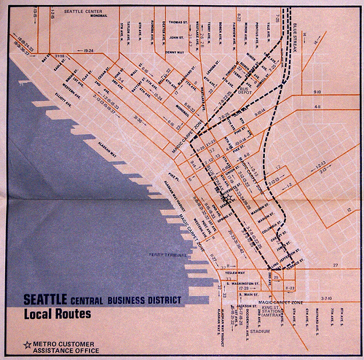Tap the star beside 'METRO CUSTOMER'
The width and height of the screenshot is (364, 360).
[x=28, y=344]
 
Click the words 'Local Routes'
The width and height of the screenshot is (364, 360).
[x=58, y=315]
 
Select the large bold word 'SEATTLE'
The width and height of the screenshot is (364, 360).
[x=46, y=298]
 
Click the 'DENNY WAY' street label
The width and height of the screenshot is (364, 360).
[x=175, y=52]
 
